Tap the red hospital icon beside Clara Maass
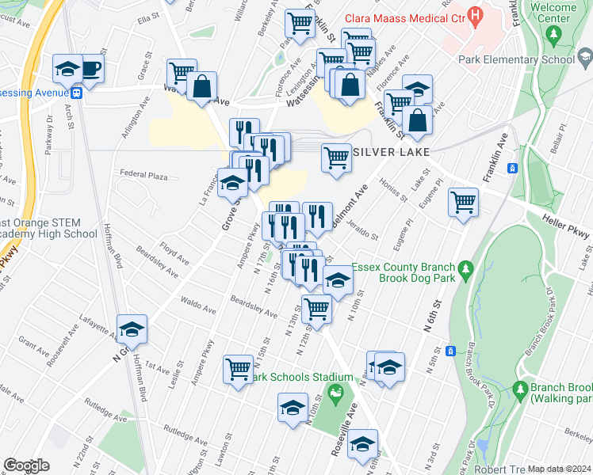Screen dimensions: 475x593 (x=475, y=15)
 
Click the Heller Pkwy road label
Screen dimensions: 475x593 (x=566, y=224)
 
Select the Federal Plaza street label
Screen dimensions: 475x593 (x=143, y=173)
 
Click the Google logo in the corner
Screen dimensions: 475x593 (x=26, y=465)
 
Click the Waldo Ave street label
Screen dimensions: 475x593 (x=198, y=306)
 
